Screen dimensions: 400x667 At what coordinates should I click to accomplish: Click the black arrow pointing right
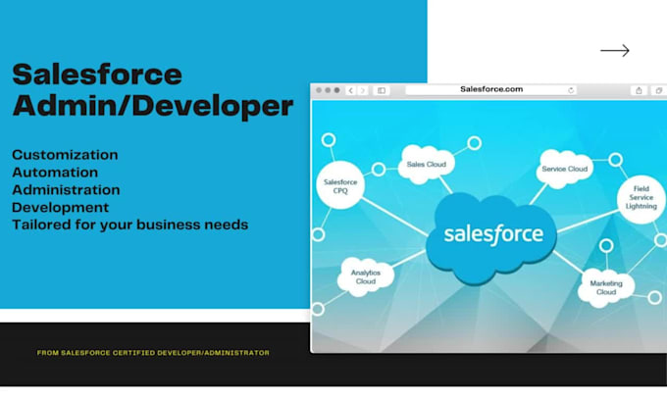click(x=614, y=51)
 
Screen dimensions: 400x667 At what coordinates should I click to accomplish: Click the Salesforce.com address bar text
click(x=490, y=89)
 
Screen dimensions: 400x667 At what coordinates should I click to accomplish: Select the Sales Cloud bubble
click(x=427, y=165)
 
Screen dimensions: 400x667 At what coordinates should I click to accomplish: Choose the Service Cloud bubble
click(x=564, y=170)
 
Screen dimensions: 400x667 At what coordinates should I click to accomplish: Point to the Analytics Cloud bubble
click(x=365, y=276)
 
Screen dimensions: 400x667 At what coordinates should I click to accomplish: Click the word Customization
click(x=65, y=155)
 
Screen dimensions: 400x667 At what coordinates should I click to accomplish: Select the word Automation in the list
click(x=55, y=173)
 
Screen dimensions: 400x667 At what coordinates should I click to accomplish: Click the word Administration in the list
click(x=66, y=190)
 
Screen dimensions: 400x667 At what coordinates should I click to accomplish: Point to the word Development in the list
click(x=61, y=208)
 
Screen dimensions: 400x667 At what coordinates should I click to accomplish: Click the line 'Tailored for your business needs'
click(x=129, y=225)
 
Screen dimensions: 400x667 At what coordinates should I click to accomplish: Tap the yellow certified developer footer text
click(x=153, y=353)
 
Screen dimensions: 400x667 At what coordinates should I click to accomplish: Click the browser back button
click(x=351, y=90)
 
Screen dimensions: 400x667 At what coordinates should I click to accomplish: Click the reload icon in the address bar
click(x=572, y=90)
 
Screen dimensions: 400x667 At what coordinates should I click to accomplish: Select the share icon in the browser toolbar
click(x=639, y=90)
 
